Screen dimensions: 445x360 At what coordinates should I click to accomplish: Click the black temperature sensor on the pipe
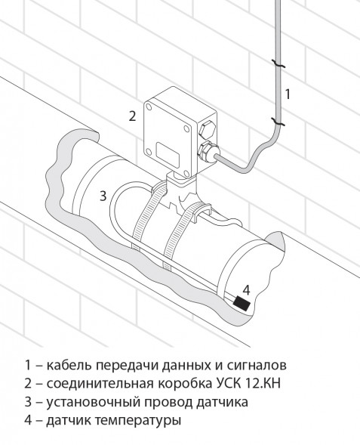click(x=243, y=304)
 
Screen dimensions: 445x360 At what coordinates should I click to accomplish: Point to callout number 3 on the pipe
click(x=103, y=195)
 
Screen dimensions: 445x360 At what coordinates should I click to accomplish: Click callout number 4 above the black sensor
click(x=246, y=289)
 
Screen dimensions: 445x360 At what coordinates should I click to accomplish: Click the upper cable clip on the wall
click(x=278, y=65)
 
